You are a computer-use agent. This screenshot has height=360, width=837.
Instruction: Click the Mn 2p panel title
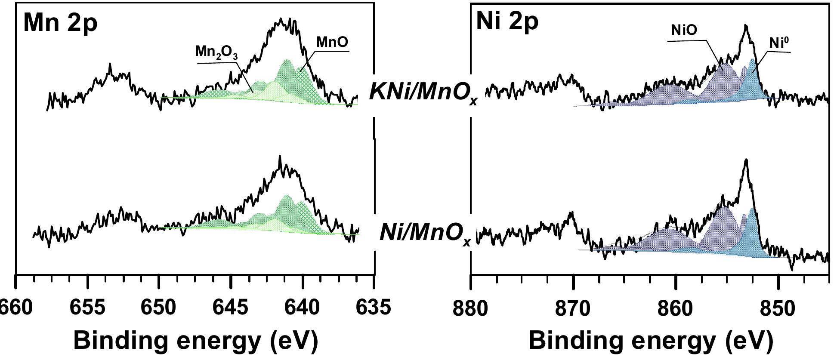(60, 22)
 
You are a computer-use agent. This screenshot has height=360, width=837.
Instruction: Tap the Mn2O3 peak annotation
(216, 52)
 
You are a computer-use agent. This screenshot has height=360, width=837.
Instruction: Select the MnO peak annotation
(332, 42)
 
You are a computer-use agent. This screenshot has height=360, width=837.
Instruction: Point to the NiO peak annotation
(684, 30)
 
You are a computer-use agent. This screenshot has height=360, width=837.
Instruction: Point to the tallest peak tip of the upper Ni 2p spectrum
(746, 26)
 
